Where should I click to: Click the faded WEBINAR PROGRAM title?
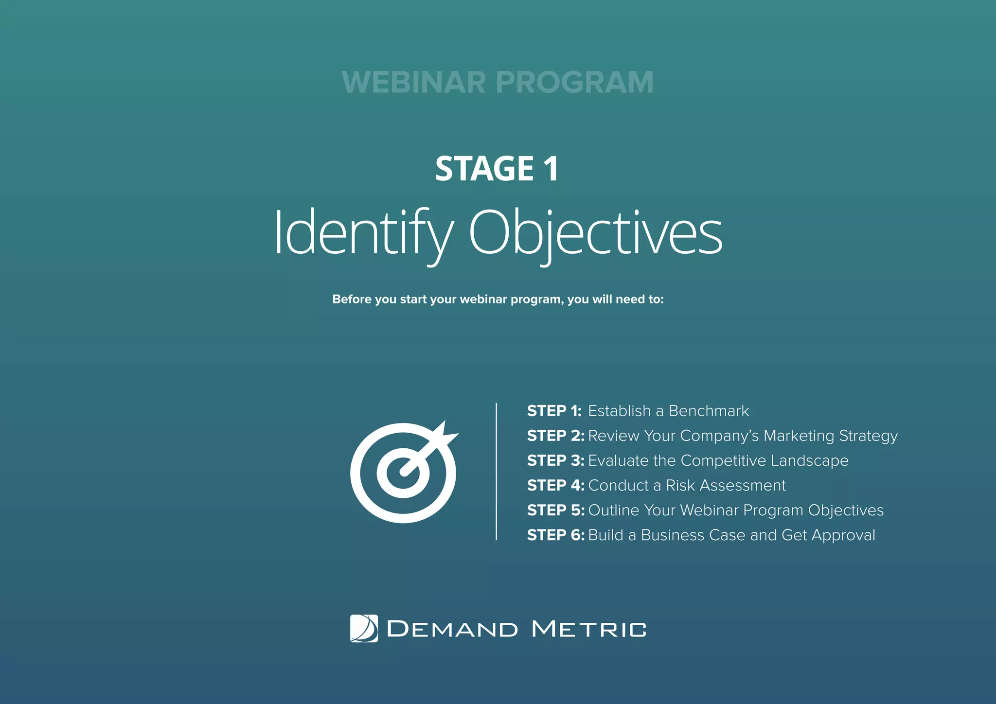point(498,82)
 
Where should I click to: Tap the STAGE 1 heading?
point(497,169)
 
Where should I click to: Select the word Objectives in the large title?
point(595,232)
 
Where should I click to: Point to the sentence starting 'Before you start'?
point(498,299)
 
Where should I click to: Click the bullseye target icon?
point(403,473)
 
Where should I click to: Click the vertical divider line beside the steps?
point(496,471)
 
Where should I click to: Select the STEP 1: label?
point(554,411)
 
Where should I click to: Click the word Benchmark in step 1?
point(709,411)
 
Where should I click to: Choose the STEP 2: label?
point(555,436)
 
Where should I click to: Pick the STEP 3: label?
point(555,461)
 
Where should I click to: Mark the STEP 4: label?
point(555,486)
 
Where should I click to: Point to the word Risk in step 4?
point(680,486)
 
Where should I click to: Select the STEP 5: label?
point(555,510)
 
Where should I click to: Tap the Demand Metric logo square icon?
point(364,629)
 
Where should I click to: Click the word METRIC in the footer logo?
point(589,629)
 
